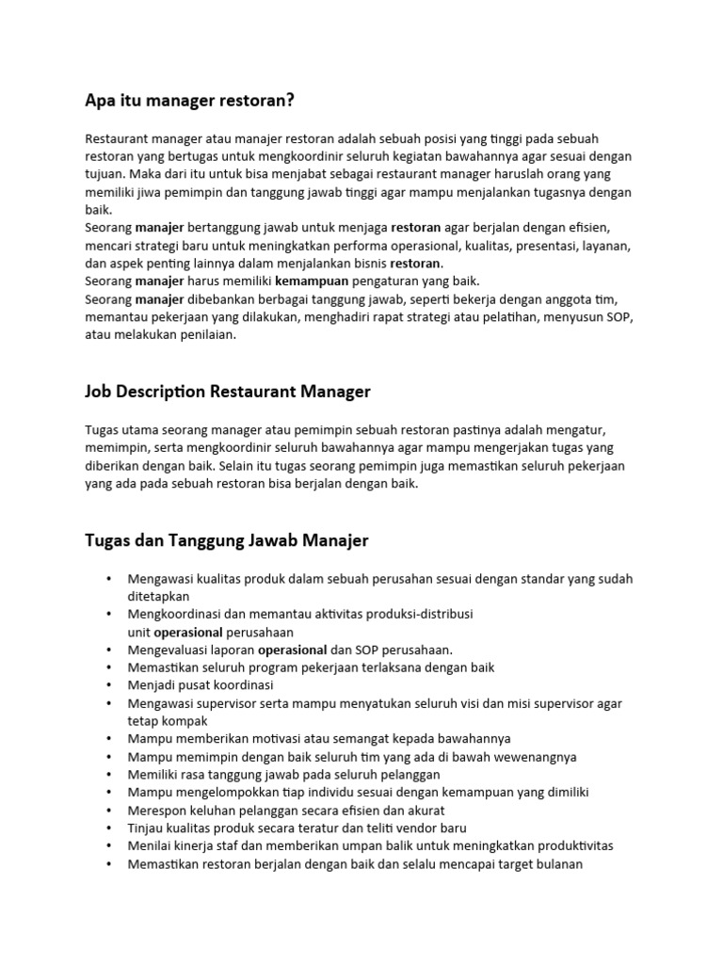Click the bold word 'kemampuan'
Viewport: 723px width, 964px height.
click(312, 281)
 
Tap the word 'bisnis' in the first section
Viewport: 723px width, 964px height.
click(362, 263)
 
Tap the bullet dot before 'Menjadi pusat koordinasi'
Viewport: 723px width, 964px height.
click(109, 685)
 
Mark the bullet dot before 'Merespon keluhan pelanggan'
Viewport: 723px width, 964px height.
click(109, 811)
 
